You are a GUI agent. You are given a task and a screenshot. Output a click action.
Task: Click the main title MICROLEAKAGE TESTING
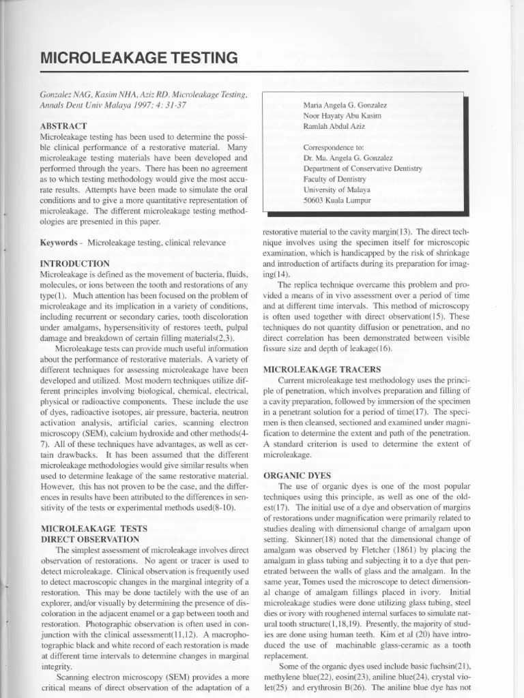(x=139, y=58)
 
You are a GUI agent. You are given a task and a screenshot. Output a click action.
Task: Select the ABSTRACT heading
(x=63, y=126)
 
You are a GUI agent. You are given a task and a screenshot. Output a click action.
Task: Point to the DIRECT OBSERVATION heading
(x=90, y=538)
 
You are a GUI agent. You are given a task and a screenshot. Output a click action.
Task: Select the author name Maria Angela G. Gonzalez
(x=345, y=105)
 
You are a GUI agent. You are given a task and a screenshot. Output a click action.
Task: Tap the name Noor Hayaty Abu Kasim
(x=343, y=116)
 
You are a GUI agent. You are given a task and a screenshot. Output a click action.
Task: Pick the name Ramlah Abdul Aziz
(x=336, y=127)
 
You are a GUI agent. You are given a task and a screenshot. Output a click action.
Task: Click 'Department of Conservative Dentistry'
(x=362, y=168)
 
